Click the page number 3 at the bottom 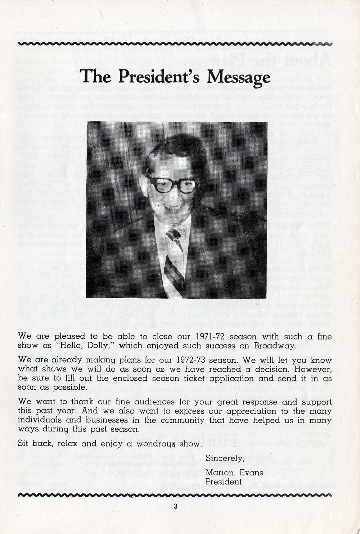(175, 507)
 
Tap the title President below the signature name (223, 482)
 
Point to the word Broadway (274, 346)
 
